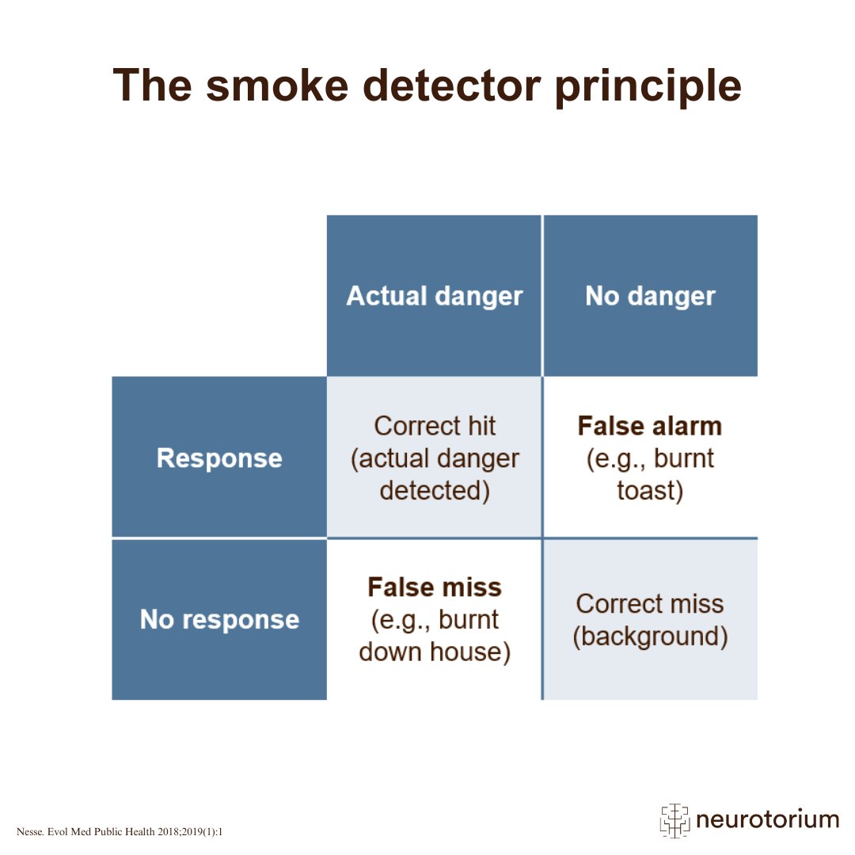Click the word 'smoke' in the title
click(x=277, y=85)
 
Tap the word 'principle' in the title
click(x=648, y=88)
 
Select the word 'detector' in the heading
click(x=452, y=85)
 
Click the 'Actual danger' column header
click(x=435, y=296)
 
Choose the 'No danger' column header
click(x=650, y=296)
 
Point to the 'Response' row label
click(x=219, y=458)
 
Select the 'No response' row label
click(x=219, y=619)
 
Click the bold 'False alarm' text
click(x=650, y=426)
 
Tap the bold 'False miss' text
click(x=435, y=587)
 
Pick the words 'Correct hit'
click(x=435, y=426)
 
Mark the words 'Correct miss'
click(x=650, y=603)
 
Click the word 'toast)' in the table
click(x=650, y=490)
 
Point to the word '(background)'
click(x=650, y=636)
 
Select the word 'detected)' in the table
click(x=435, y=490)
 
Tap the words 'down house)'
click(x=435, y=652)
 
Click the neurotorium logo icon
click(x=675, y=820)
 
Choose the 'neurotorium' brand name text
click(x=767, y=819)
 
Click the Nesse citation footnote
click(x=120, y=831)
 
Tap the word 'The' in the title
click(x=153, y=85)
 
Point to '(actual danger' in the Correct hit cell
click(x=435, y=458)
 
